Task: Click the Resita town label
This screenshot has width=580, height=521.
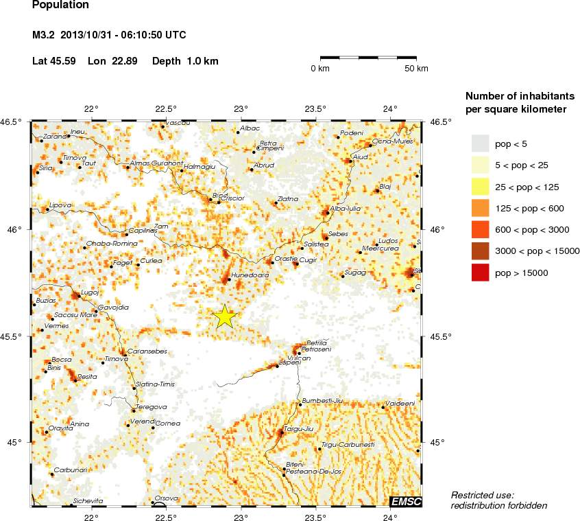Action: tap(87, 376)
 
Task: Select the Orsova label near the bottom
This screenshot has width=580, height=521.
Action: tap(167, 498)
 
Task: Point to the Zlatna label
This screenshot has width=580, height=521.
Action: tap(287, 200)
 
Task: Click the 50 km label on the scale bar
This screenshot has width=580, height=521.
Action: tap(416, 69)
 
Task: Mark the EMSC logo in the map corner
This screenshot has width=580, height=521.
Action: tap(406, 502)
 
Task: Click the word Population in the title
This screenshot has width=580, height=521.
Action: tap(60, 5)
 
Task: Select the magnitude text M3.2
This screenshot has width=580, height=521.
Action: tap(44, 35)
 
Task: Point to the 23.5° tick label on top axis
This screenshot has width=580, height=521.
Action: tap(315, 108)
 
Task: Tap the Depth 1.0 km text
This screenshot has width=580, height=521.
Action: tap(185, 61)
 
